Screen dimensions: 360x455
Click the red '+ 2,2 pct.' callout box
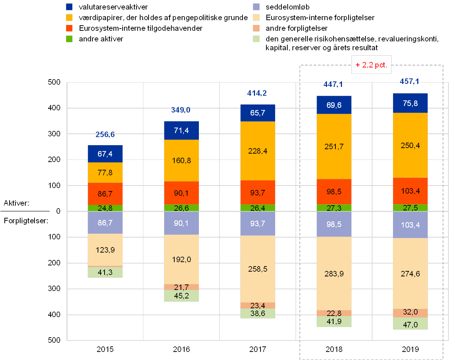[371, 65]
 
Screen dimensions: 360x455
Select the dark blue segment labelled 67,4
[105, 154]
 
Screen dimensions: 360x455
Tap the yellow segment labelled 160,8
[181, 161]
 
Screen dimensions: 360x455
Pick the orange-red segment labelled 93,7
[258, 192]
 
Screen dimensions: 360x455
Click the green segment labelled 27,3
[334, 208]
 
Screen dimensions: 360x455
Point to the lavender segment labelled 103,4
[410, 225]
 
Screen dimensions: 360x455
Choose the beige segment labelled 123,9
[105, 250]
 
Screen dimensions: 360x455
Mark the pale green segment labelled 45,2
[181, 296]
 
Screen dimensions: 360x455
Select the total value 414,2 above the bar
[257, 93]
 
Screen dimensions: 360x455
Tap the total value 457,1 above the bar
[409, 81]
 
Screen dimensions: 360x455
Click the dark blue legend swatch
[69, 7]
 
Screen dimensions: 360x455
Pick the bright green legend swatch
[69, 38]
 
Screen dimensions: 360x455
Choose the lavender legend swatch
[256, 7]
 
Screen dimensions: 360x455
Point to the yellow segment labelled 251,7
[334, 147]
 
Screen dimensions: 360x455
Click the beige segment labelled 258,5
[258, 269]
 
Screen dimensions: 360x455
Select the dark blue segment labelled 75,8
[410, 103]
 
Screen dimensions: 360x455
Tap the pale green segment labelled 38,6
[258, 313]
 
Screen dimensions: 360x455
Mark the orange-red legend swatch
[69, 28]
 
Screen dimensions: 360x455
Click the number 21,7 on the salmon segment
[181, 287]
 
